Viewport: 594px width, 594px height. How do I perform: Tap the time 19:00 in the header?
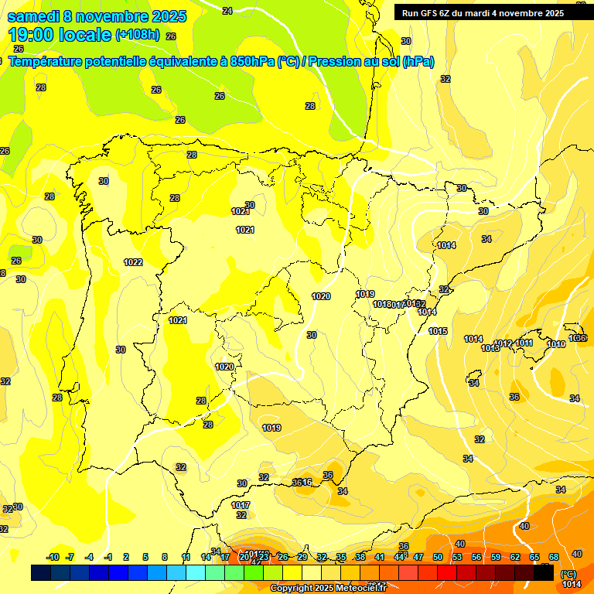coord(33,35)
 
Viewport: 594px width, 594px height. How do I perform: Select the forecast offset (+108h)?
coord(138,35)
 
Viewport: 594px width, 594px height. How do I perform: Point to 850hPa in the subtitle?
coord(251,62)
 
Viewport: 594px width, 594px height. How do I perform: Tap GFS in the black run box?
coord(428,12)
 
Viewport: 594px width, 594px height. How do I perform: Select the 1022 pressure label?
coord(133,262)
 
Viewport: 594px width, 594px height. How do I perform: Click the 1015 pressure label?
coord(438,331)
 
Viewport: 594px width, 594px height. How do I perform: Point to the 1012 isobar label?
coord(503,343)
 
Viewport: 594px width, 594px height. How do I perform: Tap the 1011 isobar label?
coord(524,343)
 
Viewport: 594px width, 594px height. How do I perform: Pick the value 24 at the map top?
coord(227,11)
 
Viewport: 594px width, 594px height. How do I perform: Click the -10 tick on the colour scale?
coord(53,557)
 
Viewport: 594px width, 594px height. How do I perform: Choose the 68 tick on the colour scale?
coord(554,557)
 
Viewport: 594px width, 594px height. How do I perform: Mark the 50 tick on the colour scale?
coord(438,557)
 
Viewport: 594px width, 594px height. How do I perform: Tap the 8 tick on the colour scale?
coord(165,557)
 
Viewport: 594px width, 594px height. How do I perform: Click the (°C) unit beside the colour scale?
coord(569,574)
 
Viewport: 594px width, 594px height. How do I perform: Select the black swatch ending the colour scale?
coord(544,572)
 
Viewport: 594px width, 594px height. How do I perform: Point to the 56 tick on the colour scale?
coord(476,557)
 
